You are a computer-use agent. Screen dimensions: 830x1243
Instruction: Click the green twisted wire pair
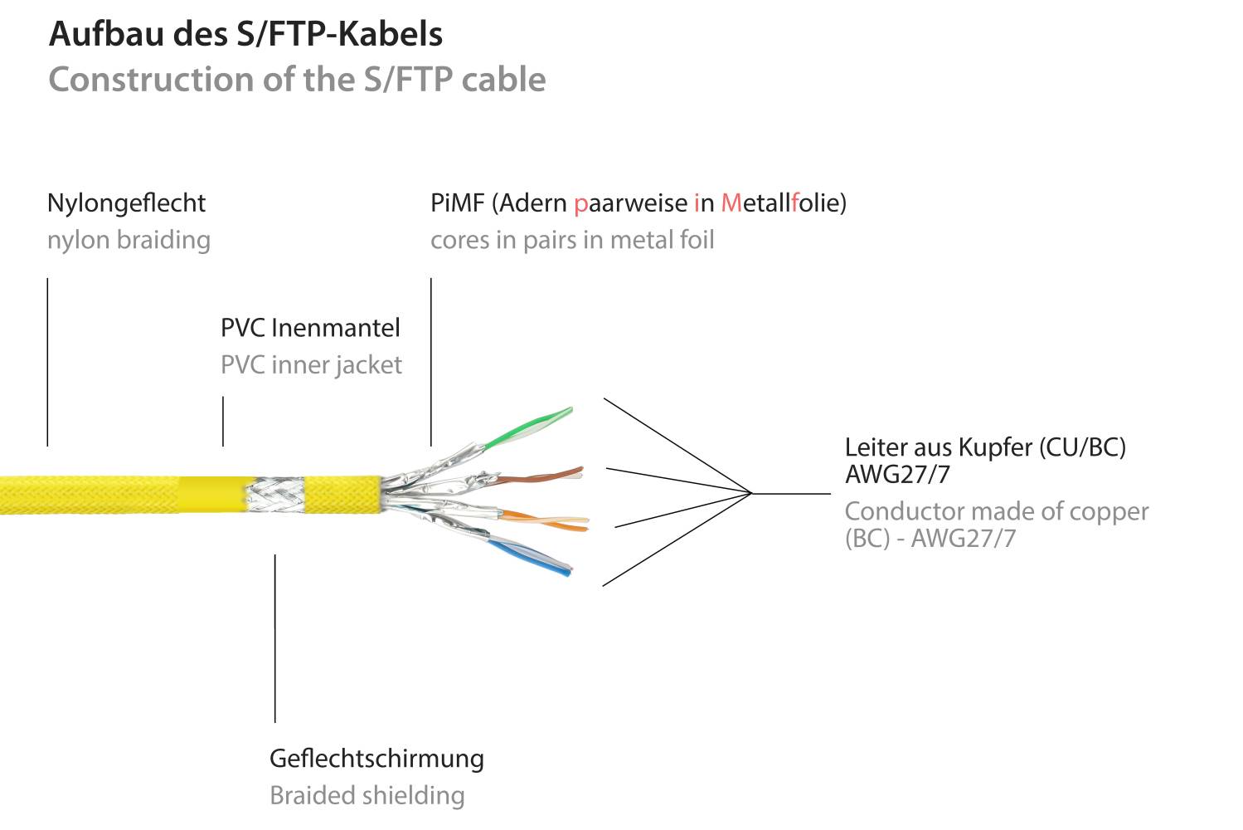[x=531, y=427]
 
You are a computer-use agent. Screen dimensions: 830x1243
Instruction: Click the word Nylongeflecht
[x=126, y=203]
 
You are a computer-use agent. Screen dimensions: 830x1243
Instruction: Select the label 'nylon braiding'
[x=129, y=240]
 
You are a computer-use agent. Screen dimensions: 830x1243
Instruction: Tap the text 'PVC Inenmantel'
[x=310, y=328]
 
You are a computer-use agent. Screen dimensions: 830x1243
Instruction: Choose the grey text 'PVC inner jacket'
[x=311, y=365]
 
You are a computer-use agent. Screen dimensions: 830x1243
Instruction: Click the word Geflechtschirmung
[x=376, y=759]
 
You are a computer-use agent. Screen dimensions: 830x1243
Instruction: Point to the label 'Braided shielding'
[x=367, y=795]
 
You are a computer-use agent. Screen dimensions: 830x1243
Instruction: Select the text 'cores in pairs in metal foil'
[x=572, y=240]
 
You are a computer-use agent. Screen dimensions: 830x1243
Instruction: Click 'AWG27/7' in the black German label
[x=897, y=475]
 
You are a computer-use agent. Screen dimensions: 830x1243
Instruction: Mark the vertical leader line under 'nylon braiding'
[x=47, y=362]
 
